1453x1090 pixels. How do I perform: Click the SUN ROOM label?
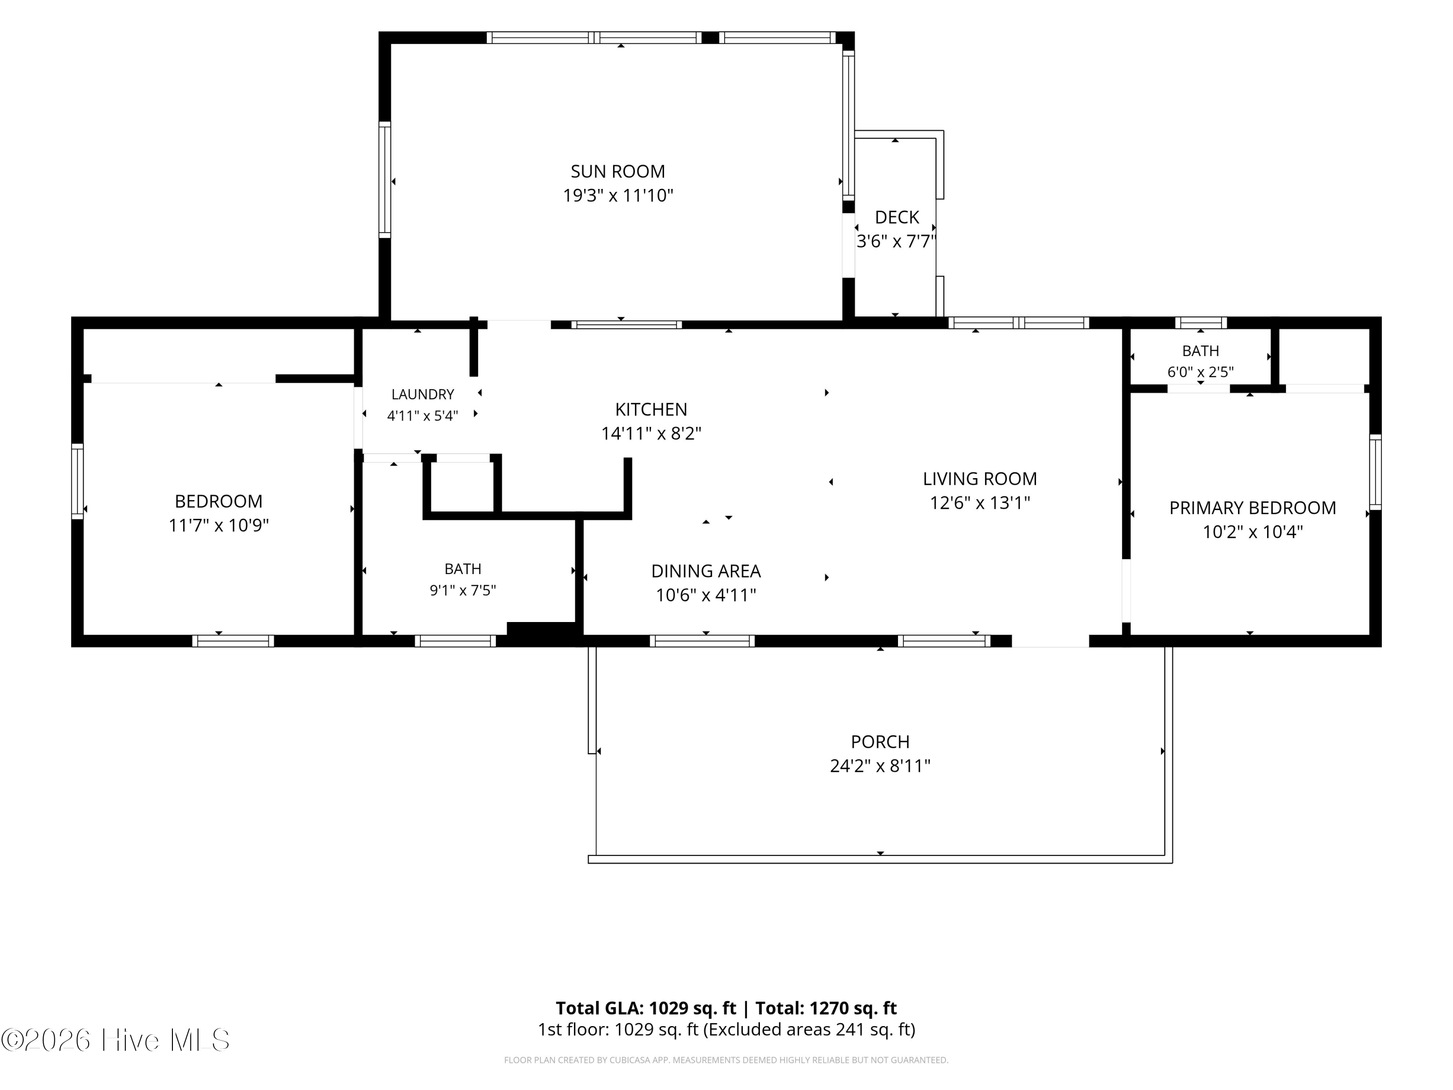pos(618,171)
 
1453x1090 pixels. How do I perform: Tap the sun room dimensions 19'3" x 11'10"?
pos(618,196)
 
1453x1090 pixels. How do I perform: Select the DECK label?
pos(897,218)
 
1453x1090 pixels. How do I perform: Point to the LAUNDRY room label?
pos(422,394)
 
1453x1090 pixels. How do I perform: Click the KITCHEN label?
pos(651,409)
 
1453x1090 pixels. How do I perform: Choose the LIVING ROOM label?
pos(979,479)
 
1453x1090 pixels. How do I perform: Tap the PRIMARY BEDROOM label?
pos(1252,508)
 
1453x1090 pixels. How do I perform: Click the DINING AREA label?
pos(706,571)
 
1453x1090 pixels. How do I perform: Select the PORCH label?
pos(880,742)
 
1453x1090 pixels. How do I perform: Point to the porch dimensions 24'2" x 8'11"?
pos(880,766)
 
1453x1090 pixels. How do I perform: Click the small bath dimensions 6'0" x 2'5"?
pos(1200,372)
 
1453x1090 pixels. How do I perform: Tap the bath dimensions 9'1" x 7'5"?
pos(463,590)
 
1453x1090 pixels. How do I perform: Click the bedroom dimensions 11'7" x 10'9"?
pos(219,526)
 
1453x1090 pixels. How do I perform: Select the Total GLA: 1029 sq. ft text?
pos(646,1008)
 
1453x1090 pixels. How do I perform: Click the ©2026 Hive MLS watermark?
pos(116,1040)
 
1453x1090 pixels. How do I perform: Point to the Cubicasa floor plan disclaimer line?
pos(726,1060)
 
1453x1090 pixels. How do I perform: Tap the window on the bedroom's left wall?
pos(77,482)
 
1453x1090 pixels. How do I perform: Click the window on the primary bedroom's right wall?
pos(1375,472)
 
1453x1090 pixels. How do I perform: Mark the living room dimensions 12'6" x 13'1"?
pos(979,503)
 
